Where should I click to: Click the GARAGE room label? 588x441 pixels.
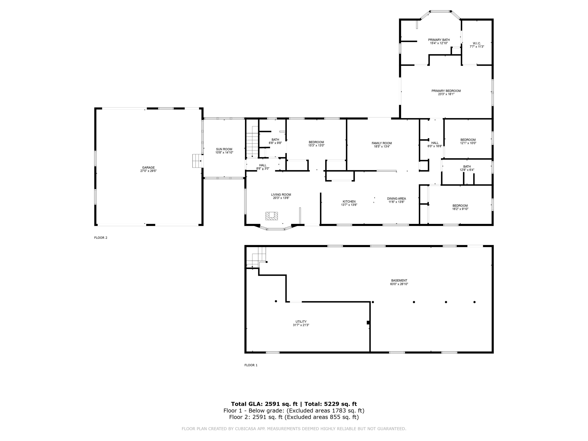click(148, 167)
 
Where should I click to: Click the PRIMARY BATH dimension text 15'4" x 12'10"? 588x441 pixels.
click(439, 43)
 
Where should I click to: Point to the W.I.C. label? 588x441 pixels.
click(477, 43)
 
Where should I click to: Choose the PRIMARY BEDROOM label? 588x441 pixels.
click(446, 91)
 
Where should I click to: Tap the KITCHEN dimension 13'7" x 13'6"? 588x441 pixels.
click(349, 205)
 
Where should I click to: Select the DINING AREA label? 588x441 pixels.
click(396, 198)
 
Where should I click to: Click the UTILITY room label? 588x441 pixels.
click(301, 321)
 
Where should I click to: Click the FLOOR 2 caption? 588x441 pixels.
click(100, 238)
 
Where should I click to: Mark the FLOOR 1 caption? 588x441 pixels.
click(251, 365)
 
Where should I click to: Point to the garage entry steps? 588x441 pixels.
click(197, 161)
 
